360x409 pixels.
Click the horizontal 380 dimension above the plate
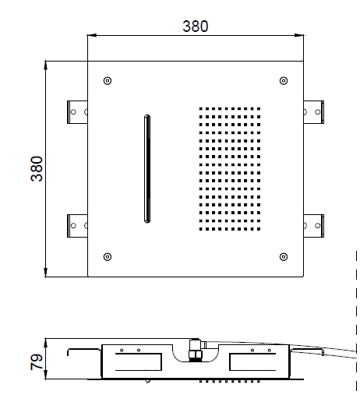coord(196,26)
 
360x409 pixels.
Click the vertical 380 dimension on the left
coord(37,169)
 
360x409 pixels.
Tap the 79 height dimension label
coord(37,361)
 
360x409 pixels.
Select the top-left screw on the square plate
coord(108,80)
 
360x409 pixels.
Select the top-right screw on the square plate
coord(284,80)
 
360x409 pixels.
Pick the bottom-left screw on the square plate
coord(108,257)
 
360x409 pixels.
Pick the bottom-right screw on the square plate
coord(284,257)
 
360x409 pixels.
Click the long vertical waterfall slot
coord(147,169)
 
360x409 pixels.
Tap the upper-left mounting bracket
coord(77,112)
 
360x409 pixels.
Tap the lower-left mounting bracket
coord(77,226)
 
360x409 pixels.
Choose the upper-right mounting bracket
coord(314,112)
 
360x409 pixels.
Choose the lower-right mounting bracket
coord(314,226)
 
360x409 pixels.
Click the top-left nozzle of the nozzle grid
coord(200,109)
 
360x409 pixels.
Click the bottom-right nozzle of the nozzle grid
coord(259,229)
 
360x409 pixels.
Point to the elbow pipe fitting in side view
coord(196,350)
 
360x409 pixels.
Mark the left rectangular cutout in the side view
coord(139,361)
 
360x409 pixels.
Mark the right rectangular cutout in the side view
coord(252,361)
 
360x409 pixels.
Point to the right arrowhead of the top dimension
coord(299,35)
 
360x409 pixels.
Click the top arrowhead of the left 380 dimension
coord(46,65)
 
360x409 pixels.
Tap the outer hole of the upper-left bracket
coord(73,112)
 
